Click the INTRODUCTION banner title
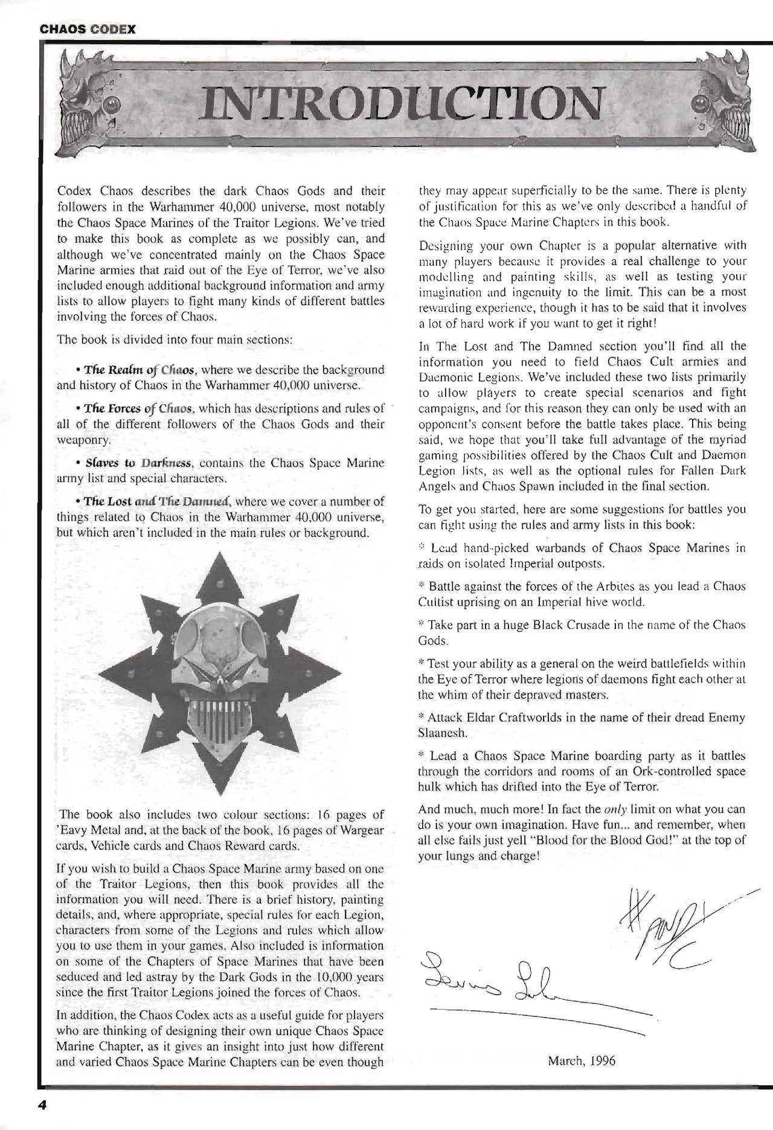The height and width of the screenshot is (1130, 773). pos(403,102)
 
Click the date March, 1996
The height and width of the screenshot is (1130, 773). pos(581,1061)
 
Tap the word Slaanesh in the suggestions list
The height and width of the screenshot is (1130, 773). pos(442,734)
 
